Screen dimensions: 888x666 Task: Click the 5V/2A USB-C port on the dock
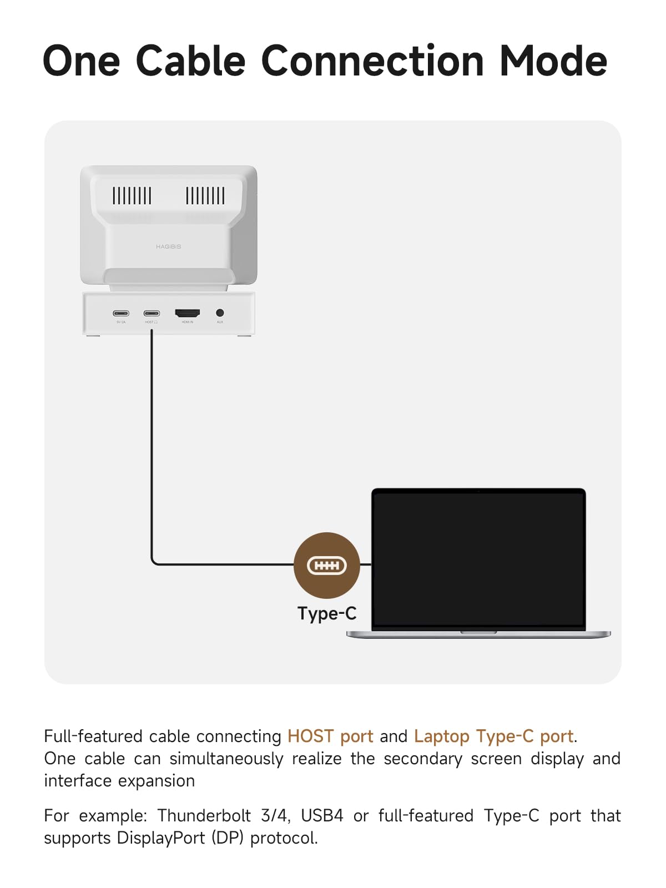[x=121, y=314]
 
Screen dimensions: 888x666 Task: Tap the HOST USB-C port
[x=152, y=314]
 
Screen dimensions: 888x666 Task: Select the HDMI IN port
[x=188, y=314]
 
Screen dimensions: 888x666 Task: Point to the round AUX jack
[x=220, y=313]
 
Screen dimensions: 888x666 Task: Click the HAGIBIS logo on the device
[x=168, y=246]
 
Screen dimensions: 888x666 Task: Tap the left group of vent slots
[x=132, y=196]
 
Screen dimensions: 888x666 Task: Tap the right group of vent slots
[x=205, y=196]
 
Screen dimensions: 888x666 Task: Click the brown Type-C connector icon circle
[x=327, y=565]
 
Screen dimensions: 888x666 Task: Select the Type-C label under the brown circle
[x=327, y=613]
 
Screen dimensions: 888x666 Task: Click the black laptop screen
[x=479, y=558]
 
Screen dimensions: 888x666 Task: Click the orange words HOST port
[x=330, y=736]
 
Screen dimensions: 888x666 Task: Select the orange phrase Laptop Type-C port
[x=493, y=736]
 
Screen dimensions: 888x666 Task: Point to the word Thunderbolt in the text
[x=204, y=816]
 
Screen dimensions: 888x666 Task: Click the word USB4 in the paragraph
[x=322, y=816]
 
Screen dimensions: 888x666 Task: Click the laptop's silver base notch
[x=478, y=632]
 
